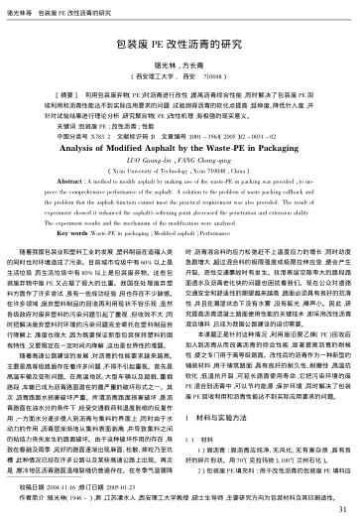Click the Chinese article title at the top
click(180, 45)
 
